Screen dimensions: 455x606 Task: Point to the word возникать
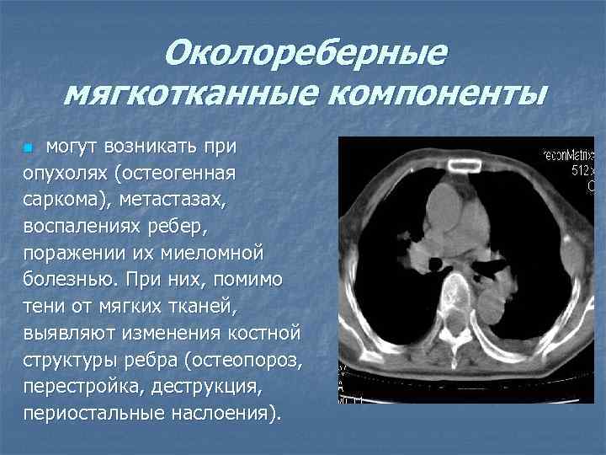pos(149,147)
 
